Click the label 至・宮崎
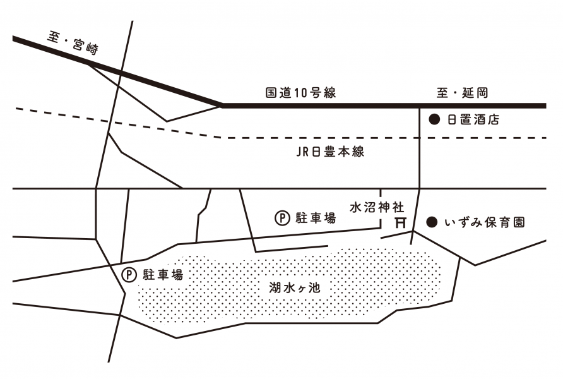[73, 44]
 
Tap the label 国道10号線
[300, 93]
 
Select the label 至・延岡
[463, 93]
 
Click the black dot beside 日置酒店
[434, 119]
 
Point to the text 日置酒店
[473, 119]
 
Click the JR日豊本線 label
[330, 152]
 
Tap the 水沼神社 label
[377, 207]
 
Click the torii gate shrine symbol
[400, 222]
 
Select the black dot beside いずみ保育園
[432, 222]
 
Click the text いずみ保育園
[485, 223]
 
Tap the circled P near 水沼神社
[282, 218]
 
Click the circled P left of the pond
[129, 275]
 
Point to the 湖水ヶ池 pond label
[294, 287]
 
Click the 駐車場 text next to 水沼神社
[316, 218]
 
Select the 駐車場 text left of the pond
[163, 275]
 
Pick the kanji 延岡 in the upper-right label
[475, 93]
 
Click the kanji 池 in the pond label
[314, 287]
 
